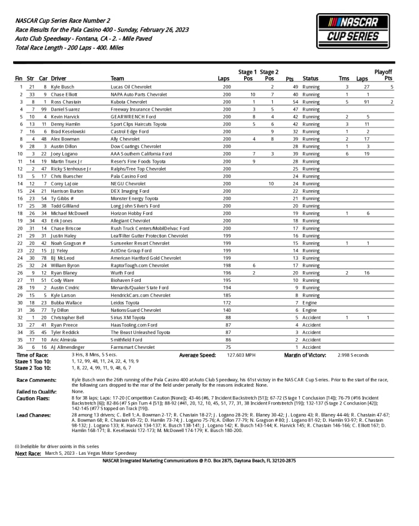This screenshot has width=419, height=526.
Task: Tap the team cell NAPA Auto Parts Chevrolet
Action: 139,95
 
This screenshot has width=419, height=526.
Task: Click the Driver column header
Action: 59,78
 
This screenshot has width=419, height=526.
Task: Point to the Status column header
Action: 311,78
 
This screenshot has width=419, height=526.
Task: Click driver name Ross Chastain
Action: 66,102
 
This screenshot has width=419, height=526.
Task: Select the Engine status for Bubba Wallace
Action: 309,303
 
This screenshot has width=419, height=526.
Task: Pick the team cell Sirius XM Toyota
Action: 128,318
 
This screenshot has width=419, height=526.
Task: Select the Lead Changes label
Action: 34,414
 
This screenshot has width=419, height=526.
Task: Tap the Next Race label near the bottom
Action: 28,453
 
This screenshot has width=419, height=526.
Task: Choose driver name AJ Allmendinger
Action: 68,347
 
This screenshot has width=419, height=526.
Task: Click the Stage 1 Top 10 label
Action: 34,361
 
